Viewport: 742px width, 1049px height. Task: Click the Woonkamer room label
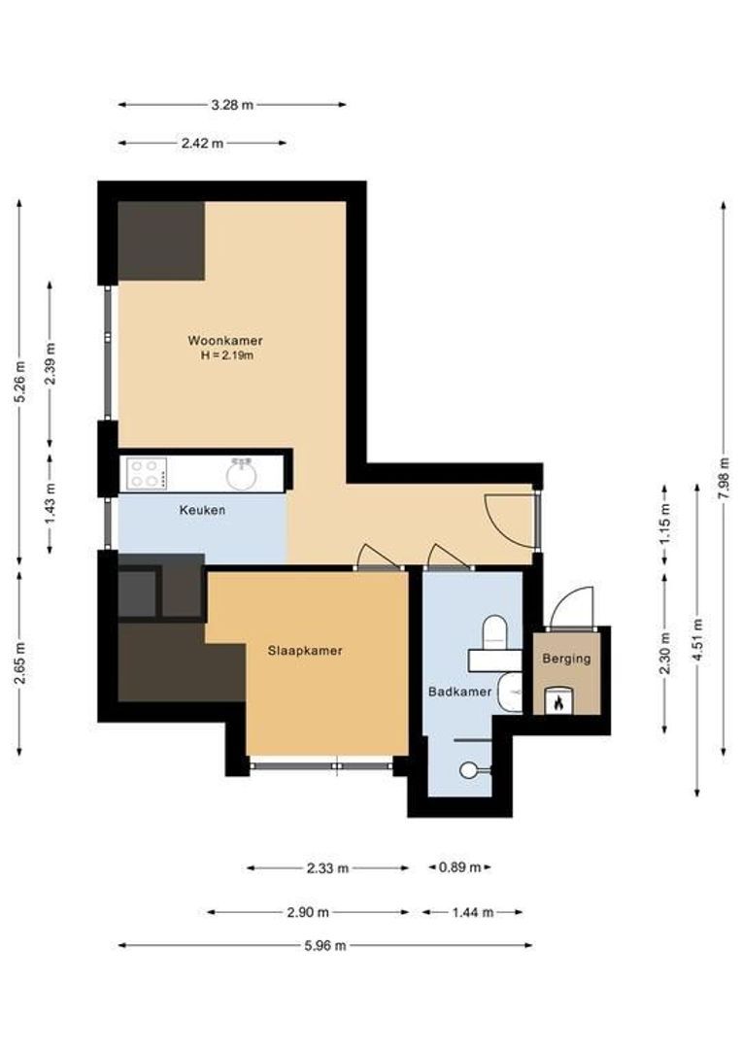coord(225,341)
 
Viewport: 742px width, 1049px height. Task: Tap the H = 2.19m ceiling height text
coord(225,355)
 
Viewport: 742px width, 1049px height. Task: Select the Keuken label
coord(202,509)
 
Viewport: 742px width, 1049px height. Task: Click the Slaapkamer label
coord(305,651)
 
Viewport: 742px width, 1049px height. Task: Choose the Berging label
coord(566,659)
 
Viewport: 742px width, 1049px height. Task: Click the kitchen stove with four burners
coord(146,474)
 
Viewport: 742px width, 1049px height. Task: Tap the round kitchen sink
coord(241,475)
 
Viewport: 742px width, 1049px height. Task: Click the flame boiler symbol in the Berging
coord(559,701)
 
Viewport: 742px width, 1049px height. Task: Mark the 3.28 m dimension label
coord(231,105)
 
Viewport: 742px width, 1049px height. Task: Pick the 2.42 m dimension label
coord(202,143)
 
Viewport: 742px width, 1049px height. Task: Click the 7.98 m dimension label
coord(723,477)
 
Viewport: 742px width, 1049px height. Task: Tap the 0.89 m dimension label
coord(459,867)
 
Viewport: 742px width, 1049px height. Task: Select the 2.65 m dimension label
coord(19,662)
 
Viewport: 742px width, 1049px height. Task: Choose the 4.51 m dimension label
coord(697,640)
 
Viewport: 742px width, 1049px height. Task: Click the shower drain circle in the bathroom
coord(469,769)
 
